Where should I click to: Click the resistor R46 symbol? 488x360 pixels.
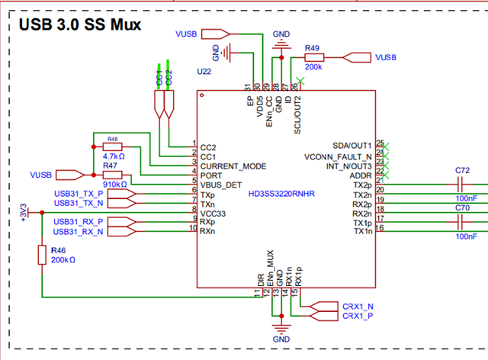[42, 256]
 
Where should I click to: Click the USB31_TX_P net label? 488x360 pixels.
[79, 194]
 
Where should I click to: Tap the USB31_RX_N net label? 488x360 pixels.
[79, 231]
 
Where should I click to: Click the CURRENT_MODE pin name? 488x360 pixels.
[233, 165]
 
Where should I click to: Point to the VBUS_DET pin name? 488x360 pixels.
[223, 185]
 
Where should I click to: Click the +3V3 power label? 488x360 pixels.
[27, 211]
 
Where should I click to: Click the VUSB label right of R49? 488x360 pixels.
[385, 57]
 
